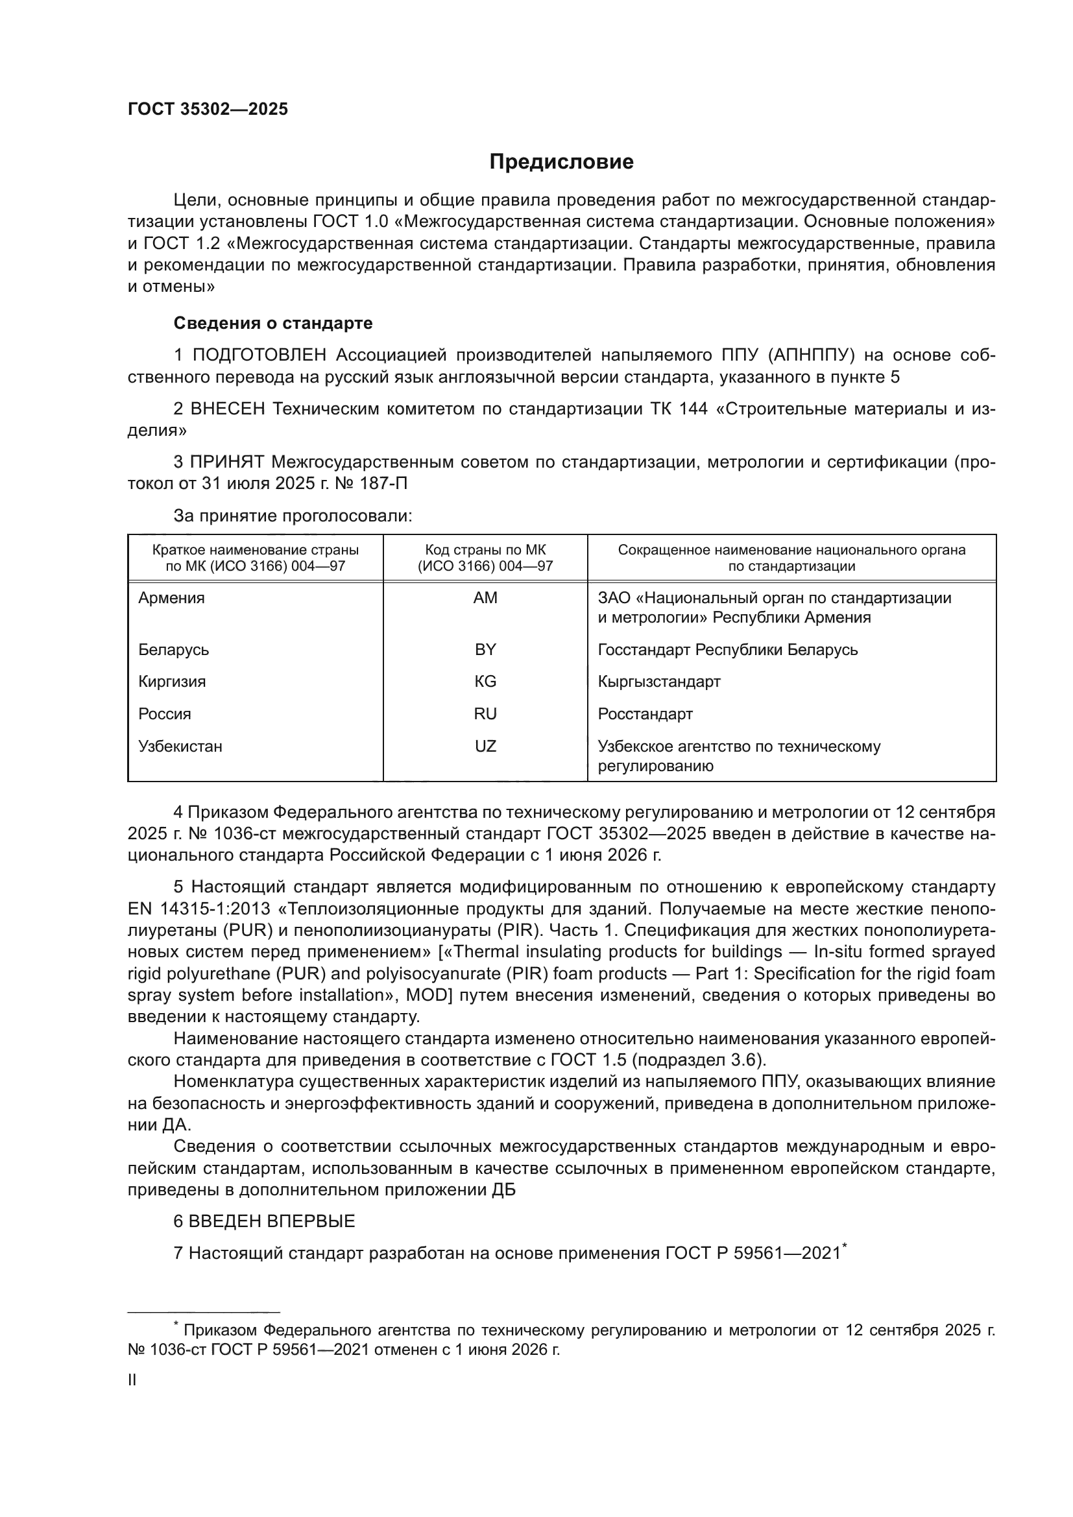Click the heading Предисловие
pyautogui.click(x=561, y=162)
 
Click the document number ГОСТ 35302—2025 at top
pyautogui.click(x=208, y=109)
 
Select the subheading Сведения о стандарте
pyautogui.click(x=273, y=323)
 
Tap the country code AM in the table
pyautogui.click(x=485, y=598)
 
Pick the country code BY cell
pyautogui.click(x=485, y=649)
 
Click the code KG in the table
pyautogui.click(x=485, y=681)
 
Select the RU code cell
pyautogui.click(x=485, y=713)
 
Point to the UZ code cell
pyautogui.click(x=485, y=746)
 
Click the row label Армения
pyautogui.click(x=172, y=598)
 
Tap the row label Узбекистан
pyautogui.click(x=180, y=746)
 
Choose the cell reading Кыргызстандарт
pyautogui.click(x=658, y=681)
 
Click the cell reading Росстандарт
pyautogui.click(x=645, y=713)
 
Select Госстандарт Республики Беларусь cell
pyautogui.click(x=727, y=649)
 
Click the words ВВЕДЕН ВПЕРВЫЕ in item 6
pyautogui.click(x=272, y=1221)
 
